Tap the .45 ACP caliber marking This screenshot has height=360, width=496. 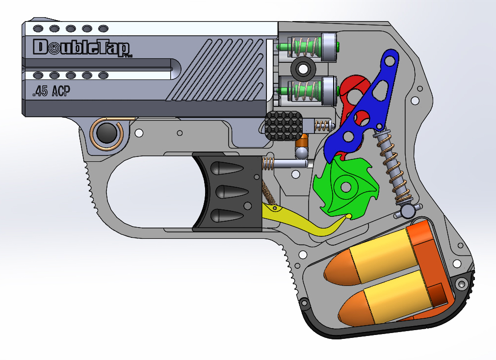[x=49, y=92]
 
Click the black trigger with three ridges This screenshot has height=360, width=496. [x=229, y=192]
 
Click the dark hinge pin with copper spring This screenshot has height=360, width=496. [x=106, y=133]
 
